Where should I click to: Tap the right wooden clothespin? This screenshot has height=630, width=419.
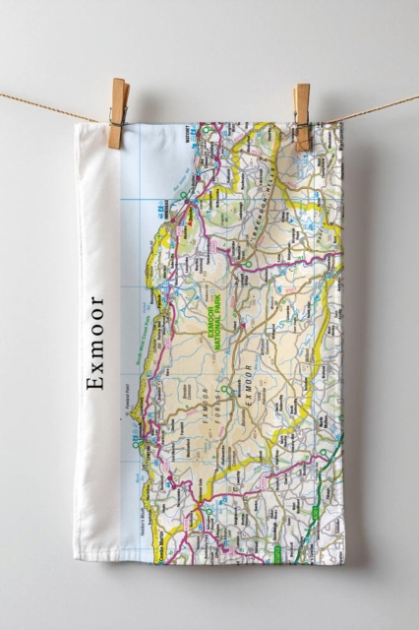click(301, 116)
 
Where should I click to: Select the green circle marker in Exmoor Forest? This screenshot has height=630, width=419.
click(225, 391)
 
